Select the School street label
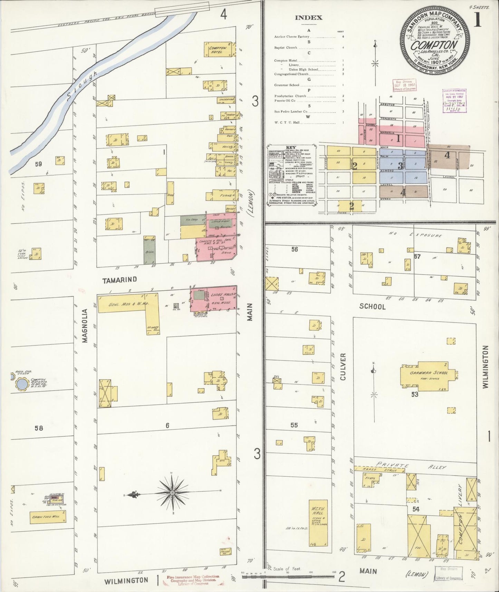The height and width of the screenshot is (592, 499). coord(372,306)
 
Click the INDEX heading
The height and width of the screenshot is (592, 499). coord(308,18)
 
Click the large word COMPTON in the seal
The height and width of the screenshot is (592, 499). coord(434,45)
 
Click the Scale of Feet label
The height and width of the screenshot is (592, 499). coord(286,569)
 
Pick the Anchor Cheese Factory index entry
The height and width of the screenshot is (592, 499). coord(292,37)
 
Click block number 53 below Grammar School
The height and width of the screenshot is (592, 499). coord(414,394)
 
